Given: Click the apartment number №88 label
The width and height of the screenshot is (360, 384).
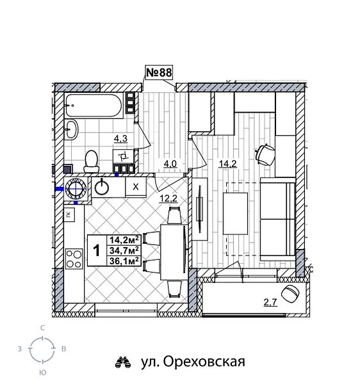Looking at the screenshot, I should click(159, 73).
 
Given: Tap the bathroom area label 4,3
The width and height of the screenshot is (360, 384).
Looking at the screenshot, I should click(120, 138).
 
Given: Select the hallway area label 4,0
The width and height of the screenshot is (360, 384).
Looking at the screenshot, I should click(170, 164).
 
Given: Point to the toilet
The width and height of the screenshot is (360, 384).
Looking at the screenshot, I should click(92, 159).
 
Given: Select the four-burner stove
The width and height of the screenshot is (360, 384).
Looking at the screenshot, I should click(74, 257).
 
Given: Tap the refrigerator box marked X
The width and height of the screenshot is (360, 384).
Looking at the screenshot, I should click(136, 186).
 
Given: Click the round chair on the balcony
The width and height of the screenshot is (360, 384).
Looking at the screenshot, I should click(291, 294).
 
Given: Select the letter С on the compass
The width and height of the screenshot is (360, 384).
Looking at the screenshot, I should click(43, 328).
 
